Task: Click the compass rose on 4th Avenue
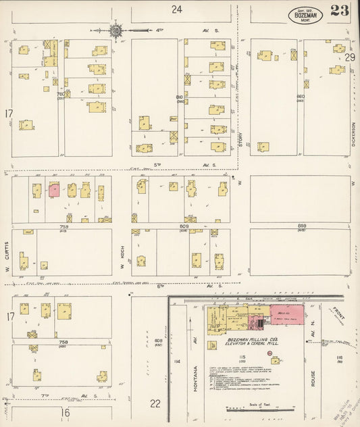[x=116, y=30]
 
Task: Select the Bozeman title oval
[x=305, y=15]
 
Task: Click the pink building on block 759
[x=54, y=191]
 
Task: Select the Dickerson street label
[x=353, y=135]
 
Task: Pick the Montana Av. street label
[x=195, y=376]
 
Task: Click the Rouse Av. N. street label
[x=314, y=372]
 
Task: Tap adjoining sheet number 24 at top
[x=177, y=9]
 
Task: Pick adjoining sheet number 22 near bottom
[x=155, y=403]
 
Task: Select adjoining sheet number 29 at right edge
[x=350, y=57]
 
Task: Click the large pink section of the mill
[x=286, y=314]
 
